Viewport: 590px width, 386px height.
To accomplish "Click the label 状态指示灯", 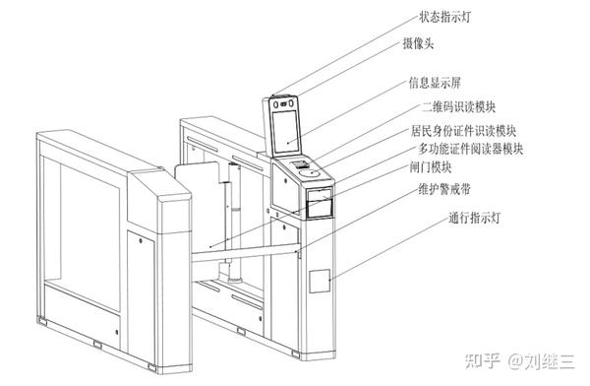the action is (x=445, y=18).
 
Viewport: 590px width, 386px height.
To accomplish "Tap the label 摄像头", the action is (x=419, y=43).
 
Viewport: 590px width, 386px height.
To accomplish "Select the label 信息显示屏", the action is (x=435, y=83).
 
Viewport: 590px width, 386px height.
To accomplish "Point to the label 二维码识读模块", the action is (x=458, y=107).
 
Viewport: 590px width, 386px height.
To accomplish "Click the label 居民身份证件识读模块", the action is (x=463, y=131).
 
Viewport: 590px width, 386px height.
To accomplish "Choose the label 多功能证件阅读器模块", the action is (x=471, y=149).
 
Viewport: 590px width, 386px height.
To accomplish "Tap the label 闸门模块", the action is (x=431, y=167).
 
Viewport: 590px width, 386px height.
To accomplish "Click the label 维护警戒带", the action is (x=444, y=189).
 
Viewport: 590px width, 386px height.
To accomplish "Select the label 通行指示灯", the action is (x=474, y=218).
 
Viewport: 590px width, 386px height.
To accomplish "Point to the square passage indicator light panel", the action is (x=320, y=281).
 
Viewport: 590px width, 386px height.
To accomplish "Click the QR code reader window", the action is (x=301, y=164).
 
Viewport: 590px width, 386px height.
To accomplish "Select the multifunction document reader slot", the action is (x=320, y=204).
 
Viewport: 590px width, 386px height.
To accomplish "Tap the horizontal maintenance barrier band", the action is (x=245, y=252).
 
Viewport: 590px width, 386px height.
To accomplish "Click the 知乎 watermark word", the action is (x=483, y=360).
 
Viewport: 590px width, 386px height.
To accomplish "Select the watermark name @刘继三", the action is (x=541, y=360).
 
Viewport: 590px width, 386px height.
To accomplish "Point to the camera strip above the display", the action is (x=284, y=103).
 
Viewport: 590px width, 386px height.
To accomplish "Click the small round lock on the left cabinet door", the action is (x=141, y=240).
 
